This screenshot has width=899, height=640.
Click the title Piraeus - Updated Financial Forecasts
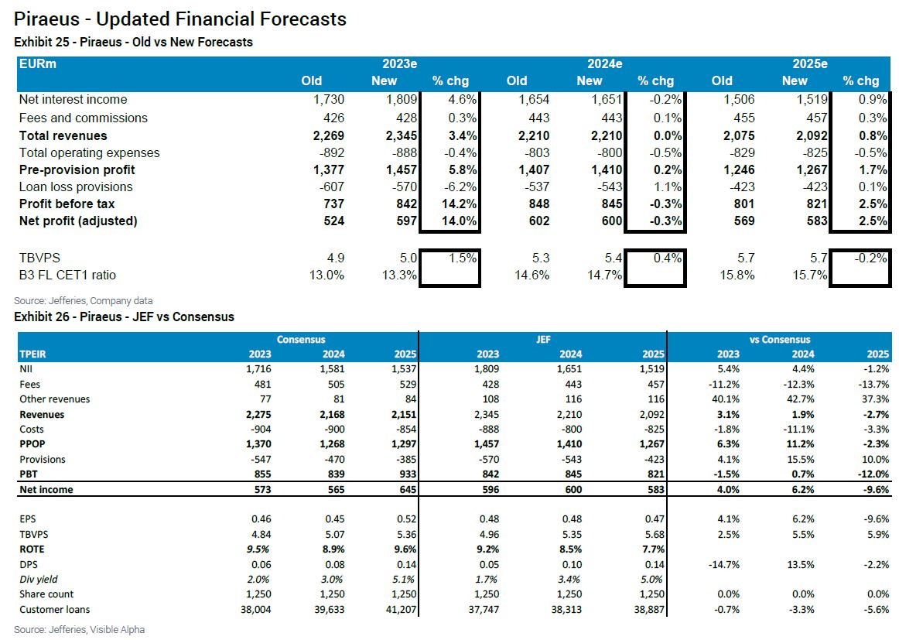tap(180, 19)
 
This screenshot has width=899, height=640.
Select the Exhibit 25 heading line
tap(133, 42)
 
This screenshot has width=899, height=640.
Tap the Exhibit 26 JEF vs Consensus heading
tap(124, 317)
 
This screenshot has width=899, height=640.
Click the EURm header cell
tap(38, 64)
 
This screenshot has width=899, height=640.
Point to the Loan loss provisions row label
tap(76, 187)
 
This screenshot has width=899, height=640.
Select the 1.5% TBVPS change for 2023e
tap(460, 258)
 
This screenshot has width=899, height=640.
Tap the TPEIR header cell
tap(32, 354)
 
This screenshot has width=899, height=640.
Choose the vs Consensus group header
tap(779, 339)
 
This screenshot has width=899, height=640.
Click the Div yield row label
tap(39, 579)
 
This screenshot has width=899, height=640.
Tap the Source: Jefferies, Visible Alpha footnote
tap(79, 629)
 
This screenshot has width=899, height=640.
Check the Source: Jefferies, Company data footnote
tap(84, 300)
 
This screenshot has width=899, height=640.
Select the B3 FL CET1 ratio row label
tap(67, 275)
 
